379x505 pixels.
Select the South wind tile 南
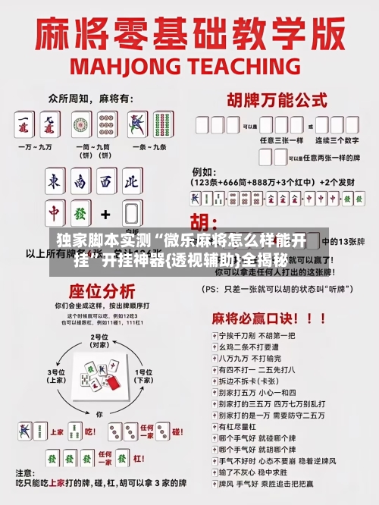click(x=80, y=182)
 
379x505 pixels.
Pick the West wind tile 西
click(x=107, y=182)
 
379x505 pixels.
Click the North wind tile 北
click(x=132, y=182)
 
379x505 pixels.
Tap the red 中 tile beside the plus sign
click(x=55, y=214)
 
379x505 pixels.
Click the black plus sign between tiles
click(x=105, y=215)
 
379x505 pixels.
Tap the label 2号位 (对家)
click(x=99, y=340)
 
